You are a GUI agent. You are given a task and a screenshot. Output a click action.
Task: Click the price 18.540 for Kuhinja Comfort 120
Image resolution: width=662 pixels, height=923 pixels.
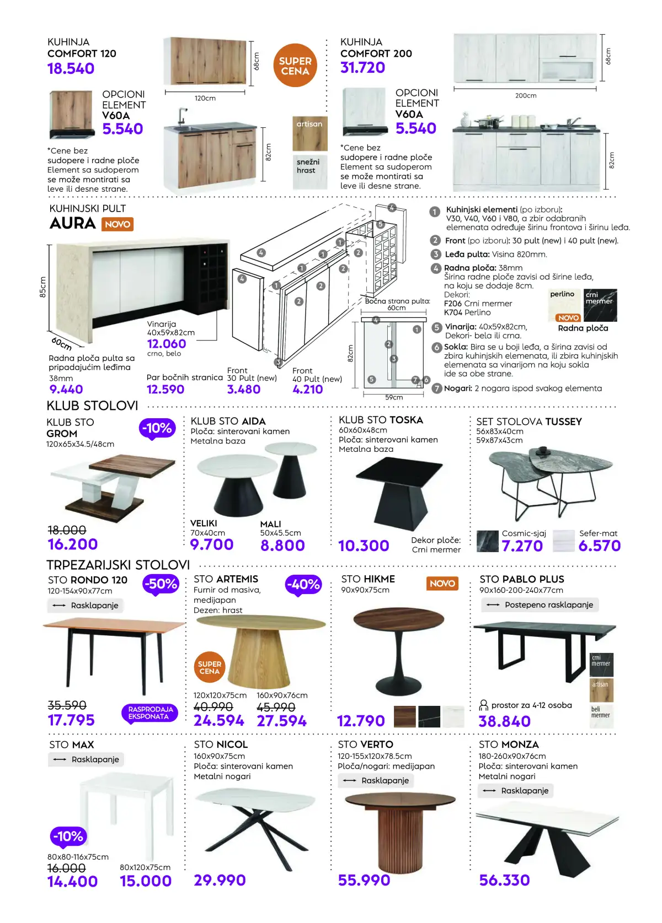coord(71,69)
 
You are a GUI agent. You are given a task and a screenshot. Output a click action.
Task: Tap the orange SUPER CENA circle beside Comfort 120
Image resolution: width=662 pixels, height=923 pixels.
coord(295,66)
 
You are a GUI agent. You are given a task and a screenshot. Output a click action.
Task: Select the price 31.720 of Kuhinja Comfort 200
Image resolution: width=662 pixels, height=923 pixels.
coord(363,68)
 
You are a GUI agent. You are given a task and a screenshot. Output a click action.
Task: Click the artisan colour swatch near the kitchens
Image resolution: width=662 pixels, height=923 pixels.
coord(309,133)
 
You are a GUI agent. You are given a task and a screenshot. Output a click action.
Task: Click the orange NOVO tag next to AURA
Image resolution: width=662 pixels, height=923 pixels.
coord(118,224)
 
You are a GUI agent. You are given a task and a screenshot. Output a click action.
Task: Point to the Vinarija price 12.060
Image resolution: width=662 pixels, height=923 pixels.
coord(167,344)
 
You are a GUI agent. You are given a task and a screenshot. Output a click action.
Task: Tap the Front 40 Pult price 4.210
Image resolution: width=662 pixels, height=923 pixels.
coord(308,390)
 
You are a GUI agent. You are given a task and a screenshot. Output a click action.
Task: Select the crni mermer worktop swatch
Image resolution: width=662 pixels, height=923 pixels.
coord(600,305)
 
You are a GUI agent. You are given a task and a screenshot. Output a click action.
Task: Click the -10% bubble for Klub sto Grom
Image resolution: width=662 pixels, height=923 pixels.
coord(157,428)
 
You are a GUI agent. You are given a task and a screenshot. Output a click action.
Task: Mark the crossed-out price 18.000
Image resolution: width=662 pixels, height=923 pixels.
coord(67,530)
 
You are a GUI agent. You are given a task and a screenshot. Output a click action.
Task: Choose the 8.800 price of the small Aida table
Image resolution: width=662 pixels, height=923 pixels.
coord(282,546)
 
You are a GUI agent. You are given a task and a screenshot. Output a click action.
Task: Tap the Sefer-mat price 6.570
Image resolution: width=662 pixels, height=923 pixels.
coord(599,546)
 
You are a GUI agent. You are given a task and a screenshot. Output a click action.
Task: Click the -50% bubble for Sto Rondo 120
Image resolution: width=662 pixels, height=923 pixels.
coord(161,584)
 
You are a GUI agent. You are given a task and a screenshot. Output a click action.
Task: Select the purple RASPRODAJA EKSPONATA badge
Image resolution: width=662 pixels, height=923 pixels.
coord(148,713)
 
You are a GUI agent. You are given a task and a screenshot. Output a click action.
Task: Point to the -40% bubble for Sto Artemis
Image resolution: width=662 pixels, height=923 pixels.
coord(303,585)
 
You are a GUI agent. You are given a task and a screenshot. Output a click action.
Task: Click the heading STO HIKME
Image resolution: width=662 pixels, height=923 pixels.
coord(368,579)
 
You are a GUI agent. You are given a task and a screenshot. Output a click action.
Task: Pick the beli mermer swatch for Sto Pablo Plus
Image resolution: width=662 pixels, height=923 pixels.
coord(601,716)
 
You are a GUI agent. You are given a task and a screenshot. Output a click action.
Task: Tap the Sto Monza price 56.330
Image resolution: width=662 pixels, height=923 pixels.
coord(504,880)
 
